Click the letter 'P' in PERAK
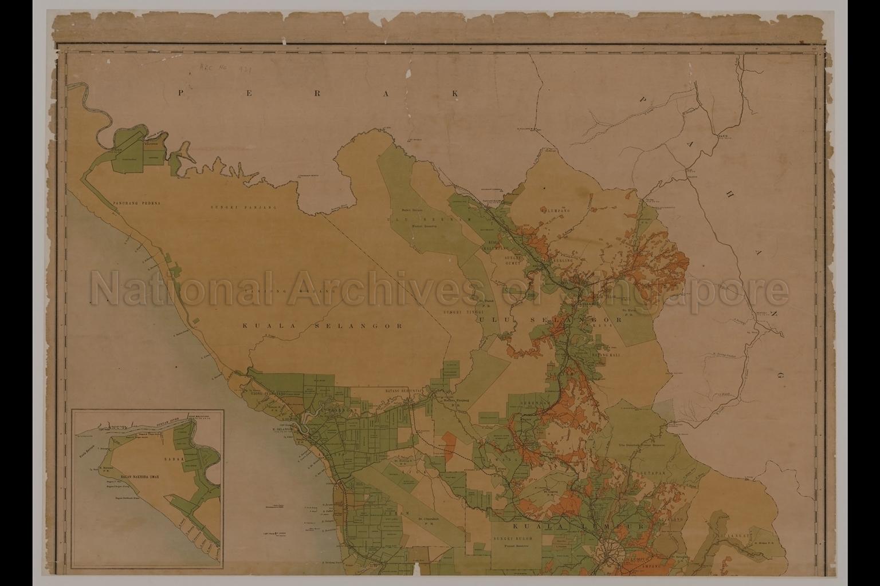point(181,93)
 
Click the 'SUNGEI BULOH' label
point(514,539)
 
